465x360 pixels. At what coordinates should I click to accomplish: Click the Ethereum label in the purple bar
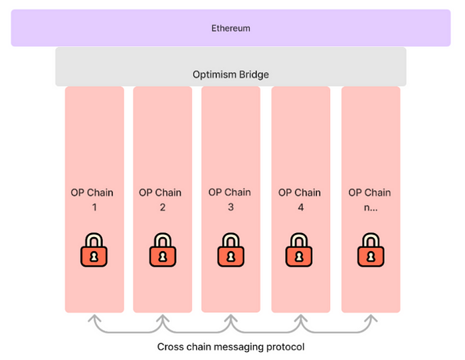[x=231, y=29]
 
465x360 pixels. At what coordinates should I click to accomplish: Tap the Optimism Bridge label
[x=231, y=74]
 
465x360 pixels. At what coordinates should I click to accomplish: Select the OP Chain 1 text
[x=92, y=199]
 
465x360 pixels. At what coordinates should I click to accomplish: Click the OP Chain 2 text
[x=161, y=199]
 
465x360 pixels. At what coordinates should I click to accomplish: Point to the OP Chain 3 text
[x=230, y=199]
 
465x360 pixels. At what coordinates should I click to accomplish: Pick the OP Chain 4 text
[x=300, y=199]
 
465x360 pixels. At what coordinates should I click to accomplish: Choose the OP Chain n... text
[x=369, y=199]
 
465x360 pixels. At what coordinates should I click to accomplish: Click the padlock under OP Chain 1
[x=93, y=250]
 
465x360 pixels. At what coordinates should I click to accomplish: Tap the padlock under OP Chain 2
[x=162, y=250]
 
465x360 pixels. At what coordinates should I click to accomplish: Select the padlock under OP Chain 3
[x=231, y=250]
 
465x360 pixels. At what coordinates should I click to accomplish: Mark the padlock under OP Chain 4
[x=300, y=250]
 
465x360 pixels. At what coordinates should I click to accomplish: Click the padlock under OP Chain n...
[x=370, y=250]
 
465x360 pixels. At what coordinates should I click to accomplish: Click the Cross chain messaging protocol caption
[x=231, y=347]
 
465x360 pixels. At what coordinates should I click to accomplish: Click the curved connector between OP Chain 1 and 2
[x=127, y=330]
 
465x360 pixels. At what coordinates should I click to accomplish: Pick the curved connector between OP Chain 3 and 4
[x=265, y=330]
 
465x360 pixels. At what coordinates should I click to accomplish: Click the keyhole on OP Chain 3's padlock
[x=231, y=256]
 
